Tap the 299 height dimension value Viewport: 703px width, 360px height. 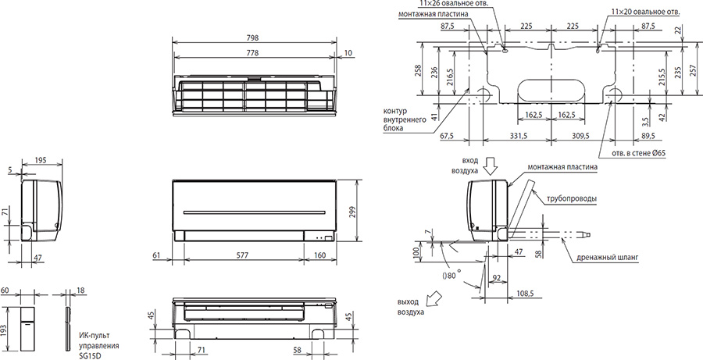(351, 211)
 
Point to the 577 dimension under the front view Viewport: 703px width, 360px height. (244, 255)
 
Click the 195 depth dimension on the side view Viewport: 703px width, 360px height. (41, 161)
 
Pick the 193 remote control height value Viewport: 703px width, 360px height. (5, 330)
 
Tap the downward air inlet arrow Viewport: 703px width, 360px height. (491, 168)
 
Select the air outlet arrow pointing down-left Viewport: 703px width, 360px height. (434, 296)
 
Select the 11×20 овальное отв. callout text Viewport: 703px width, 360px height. (642, 12)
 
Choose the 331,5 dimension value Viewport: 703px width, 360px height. (518, 136)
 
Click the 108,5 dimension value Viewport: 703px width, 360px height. (526, 293)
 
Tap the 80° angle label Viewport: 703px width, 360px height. (452, 276)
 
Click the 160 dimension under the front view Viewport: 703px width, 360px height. (320, 255)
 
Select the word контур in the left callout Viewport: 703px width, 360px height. (393, 111)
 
